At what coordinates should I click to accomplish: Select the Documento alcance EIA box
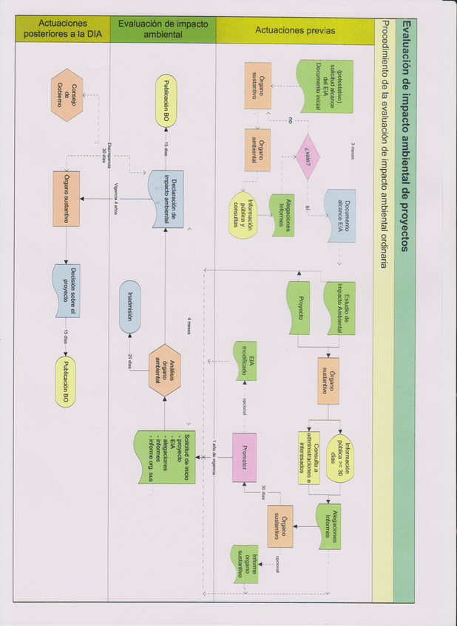340,215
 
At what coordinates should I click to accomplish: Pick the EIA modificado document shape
246,360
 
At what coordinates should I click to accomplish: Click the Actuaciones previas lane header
294,31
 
